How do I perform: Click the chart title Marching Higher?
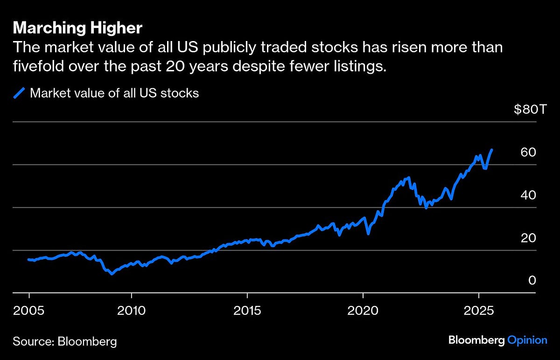coord(77,28)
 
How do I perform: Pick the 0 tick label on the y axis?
coord(531,281)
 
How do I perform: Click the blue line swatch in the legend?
coord(19,93)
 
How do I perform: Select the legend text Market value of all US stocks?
coord(114,93)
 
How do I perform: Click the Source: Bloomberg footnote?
coord(65,341)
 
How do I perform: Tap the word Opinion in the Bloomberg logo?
coord(527,340)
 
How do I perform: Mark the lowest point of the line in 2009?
coord(112,274)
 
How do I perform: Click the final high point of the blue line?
coord(492,150)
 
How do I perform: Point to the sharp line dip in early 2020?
coord(368,234)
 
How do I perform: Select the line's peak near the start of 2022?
coord(408,177)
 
